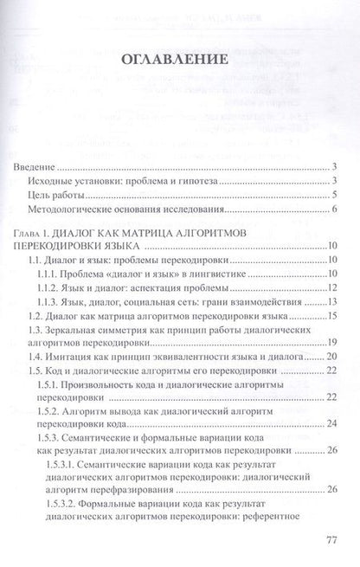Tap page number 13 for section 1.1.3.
[331, 304]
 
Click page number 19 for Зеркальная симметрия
[331, 344]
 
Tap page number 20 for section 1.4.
[331, 358]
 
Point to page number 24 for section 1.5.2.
[331, 423]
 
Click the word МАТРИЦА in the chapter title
[161, 234]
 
